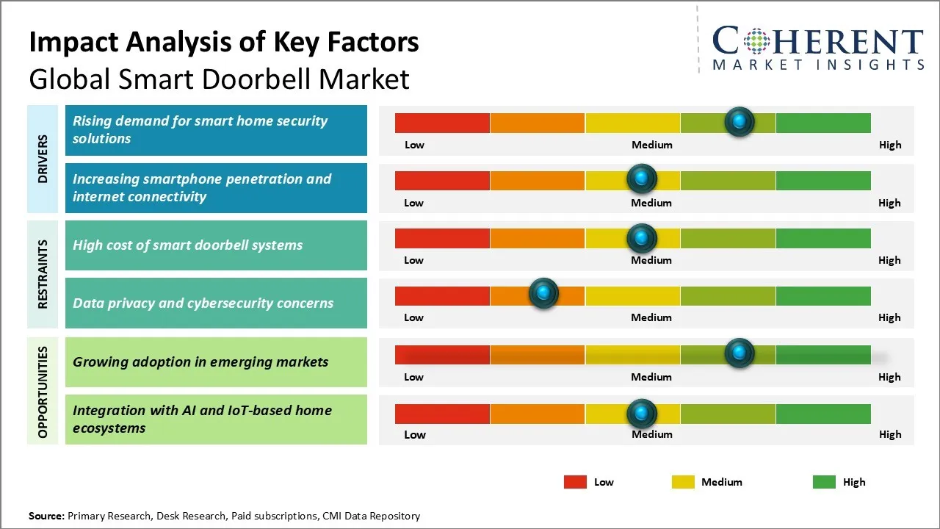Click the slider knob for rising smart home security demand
740,121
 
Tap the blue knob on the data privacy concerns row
543,294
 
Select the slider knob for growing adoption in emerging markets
740,353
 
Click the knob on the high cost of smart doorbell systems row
642,237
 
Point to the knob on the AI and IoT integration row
642,414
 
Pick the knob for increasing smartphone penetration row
642,179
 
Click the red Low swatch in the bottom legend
575,482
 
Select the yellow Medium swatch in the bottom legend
683,482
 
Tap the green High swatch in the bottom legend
824,482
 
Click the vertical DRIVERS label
43,159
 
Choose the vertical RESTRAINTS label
43,274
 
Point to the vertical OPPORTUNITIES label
43,392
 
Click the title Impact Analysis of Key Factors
224,43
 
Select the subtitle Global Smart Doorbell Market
219,79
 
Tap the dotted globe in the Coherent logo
756,41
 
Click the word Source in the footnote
46,516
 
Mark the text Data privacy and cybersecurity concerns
203,303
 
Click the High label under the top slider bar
890,145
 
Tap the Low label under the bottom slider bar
414,434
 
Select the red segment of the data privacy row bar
442,295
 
